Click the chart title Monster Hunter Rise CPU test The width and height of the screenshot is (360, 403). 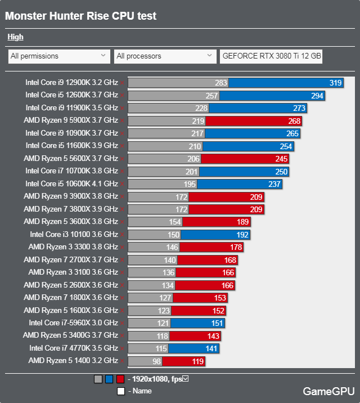pos(81,16)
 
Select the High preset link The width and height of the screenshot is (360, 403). pos(15,37)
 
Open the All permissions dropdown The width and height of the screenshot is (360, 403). pos(58,56)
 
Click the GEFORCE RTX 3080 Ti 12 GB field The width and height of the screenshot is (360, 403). pos(272,56)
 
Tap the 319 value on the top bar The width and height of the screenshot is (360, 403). pos(335,83)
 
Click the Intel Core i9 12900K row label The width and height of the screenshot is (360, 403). pos(71,82)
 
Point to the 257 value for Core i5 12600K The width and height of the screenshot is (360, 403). pos(211,96)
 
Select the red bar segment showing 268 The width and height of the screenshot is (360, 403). pos(254,121)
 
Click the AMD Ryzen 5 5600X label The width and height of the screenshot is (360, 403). pos(71,159)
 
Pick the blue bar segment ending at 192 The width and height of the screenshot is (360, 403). pos(215,235)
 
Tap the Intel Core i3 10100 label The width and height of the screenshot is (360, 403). pos(74,234)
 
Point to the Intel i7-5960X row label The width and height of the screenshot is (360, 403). pos(73,323)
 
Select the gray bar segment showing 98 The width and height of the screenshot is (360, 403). pos(145,361)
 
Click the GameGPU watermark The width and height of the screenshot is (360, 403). pos(328,391)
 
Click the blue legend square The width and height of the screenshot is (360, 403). pos(109,379)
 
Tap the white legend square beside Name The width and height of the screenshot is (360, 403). pos(120,391)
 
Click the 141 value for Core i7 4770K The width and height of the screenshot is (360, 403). pos(211,348)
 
